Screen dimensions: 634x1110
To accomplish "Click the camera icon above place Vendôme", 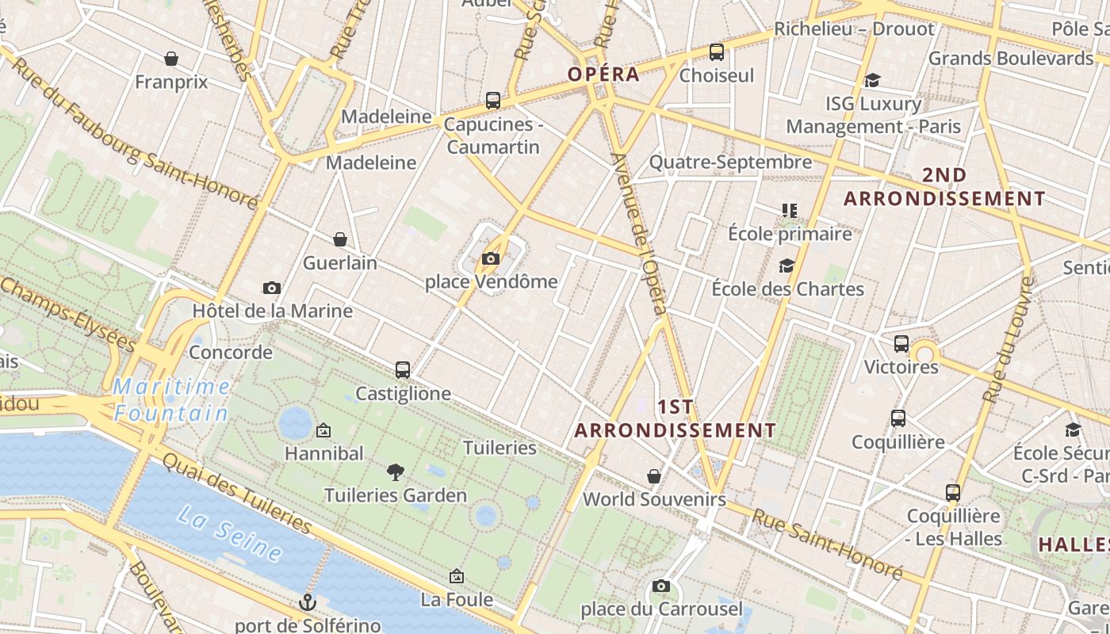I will (491, 258).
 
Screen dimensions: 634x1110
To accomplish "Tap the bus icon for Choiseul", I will (717, 52).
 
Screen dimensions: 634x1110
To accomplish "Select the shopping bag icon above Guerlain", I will (340, 239).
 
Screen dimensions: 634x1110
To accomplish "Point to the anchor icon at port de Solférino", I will (308, 602).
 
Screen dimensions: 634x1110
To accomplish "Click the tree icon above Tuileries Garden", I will (396, 472).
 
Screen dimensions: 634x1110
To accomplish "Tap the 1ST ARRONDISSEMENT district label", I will (676, 418).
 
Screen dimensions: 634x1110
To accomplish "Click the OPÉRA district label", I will (603, 74).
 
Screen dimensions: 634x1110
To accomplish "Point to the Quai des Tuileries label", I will (237, 493).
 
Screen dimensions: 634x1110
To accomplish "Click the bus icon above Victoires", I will (901, 344).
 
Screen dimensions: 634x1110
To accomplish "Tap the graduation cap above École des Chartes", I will (787, 266).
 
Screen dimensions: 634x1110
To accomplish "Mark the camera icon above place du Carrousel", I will (661, 586).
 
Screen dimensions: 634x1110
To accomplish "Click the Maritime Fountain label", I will (171, 400).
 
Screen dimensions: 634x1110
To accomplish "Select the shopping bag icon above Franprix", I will (171, 59).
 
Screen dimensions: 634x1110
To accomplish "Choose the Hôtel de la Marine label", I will (272, 311).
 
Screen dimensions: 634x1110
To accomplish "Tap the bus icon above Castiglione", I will (403, 370).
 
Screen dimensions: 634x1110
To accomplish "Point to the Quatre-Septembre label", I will (730, 162).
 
